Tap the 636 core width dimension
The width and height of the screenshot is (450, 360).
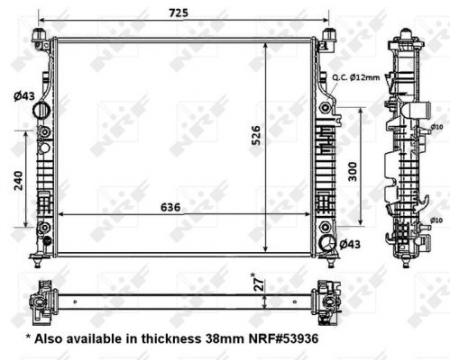tap(171, 209)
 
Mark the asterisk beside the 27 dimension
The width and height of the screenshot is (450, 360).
tap(263, 273)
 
